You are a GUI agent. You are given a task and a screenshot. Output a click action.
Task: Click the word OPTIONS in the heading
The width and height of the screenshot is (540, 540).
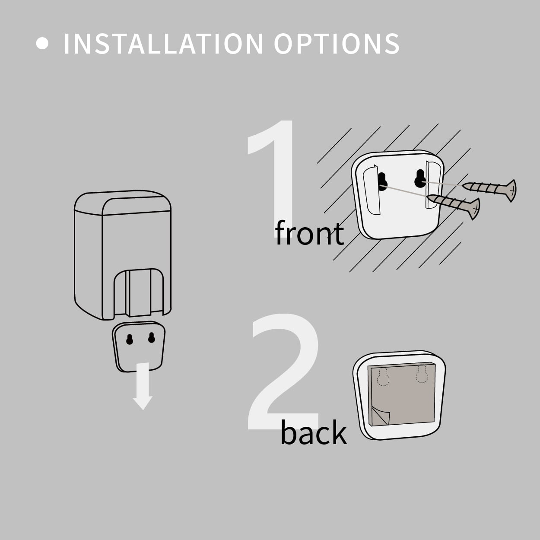pyautogui.click(x=337, y=44)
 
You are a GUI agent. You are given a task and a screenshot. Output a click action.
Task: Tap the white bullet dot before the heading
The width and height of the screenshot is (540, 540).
pyautogui.click(x=42, y=43)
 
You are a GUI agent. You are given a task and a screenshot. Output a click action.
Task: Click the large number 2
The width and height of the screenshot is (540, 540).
pyautogui.click(x=283, y=373)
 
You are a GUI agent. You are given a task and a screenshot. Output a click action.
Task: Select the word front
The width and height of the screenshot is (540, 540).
pyautogui.click(x=309, y=232)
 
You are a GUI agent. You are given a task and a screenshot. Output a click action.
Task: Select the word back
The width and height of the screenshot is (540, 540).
pyautogui.click(x=314, y=432)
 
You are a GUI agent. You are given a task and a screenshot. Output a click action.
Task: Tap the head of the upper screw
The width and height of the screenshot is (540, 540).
pyautogui.click(x=511, y=191)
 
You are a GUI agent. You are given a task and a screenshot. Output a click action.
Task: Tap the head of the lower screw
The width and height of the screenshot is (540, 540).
pyautogui.click(x=475, y=209)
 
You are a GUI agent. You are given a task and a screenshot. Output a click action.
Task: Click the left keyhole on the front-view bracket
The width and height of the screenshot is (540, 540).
pyautogui.click(x=382, y=182)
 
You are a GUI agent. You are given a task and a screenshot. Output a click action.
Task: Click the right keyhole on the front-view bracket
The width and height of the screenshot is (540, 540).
pyautogui.click(x=420, y=178)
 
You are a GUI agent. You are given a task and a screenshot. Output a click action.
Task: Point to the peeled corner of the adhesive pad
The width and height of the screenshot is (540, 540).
pyautogui.click(x=381, y=416)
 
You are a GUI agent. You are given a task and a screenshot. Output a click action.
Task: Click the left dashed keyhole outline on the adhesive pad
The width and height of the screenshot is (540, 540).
pyautogui.click(x=383, y=377)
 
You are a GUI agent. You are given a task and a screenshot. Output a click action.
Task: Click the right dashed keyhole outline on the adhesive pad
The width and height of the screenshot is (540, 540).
pyautogui.click(x=422, y=374)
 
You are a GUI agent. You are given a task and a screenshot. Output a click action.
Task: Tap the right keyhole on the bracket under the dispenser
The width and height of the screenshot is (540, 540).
pyautogui.click(x=152, y=337)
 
